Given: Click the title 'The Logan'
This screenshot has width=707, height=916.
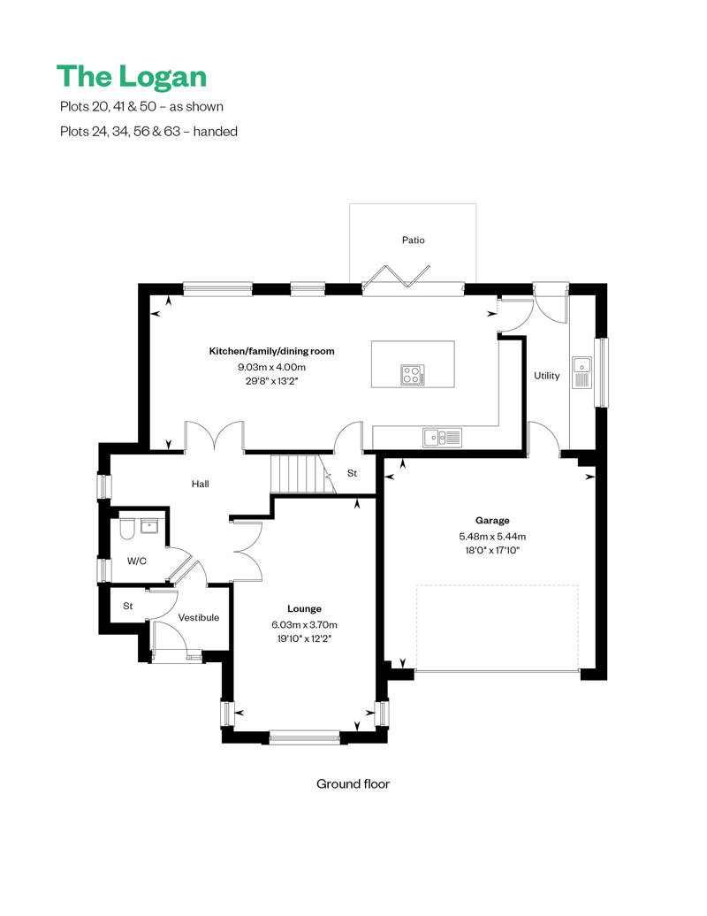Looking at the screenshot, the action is coord(132,77).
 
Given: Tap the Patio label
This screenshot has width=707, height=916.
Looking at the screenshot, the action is coord(414,240).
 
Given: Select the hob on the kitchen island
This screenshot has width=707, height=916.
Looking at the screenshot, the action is coord(413,375).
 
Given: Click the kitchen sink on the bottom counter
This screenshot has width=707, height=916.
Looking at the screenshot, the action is coord(442,438).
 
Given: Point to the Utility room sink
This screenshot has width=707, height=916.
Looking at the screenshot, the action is coord(582,373).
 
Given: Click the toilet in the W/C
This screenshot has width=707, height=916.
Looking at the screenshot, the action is coord(126,529).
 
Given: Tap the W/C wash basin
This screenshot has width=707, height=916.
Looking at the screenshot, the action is coord(149,526).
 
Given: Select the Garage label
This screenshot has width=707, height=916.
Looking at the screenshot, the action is coord(492,521).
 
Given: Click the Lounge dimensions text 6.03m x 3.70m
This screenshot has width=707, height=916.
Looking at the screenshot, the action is coord(304,624).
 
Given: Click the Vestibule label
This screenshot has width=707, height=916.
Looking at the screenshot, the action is coord(199,617).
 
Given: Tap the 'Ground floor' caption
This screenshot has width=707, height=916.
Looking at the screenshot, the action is coord(353,784).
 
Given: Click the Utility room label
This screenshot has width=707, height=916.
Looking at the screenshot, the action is coord(546,376).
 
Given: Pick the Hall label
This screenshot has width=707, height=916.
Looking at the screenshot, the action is coord(201,484).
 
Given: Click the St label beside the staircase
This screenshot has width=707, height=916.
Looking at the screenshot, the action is coord(352,473).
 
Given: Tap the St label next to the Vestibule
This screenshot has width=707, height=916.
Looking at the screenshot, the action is coord(128,607).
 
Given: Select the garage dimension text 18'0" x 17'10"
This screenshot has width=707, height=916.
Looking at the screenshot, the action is coord(492,550).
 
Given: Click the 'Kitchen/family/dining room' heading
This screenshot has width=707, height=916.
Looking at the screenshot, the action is coord(271,351).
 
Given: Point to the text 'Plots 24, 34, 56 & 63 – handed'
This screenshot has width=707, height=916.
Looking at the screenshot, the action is coord(148,132).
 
